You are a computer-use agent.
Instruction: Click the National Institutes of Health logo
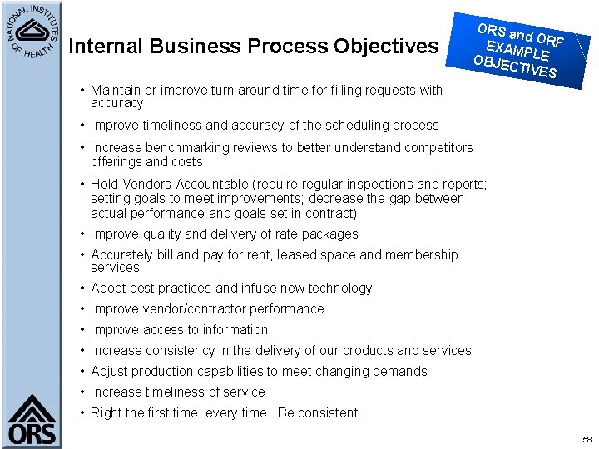[32, 32]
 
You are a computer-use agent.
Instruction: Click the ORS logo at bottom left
[32, 420]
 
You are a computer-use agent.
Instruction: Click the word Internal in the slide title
[106, 46]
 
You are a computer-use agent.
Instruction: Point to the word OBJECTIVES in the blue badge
[514, 67]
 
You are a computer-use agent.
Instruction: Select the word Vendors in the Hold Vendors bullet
[149, 185]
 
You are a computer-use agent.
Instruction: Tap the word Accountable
[215, 185]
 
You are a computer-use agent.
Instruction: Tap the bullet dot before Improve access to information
[82, 330]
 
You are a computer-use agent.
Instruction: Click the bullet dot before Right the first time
[82, 413]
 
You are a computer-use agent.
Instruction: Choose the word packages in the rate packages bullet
[330, 234]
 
